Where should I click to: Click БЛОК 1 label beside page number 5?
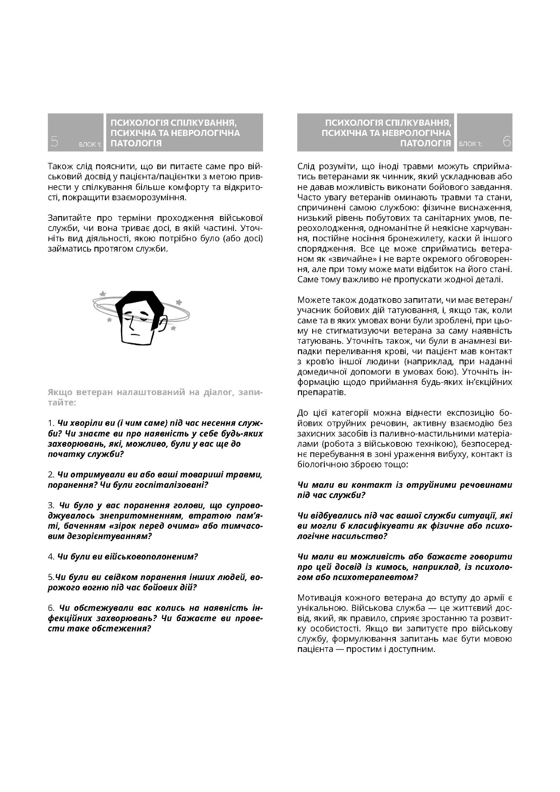(90, 144)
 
